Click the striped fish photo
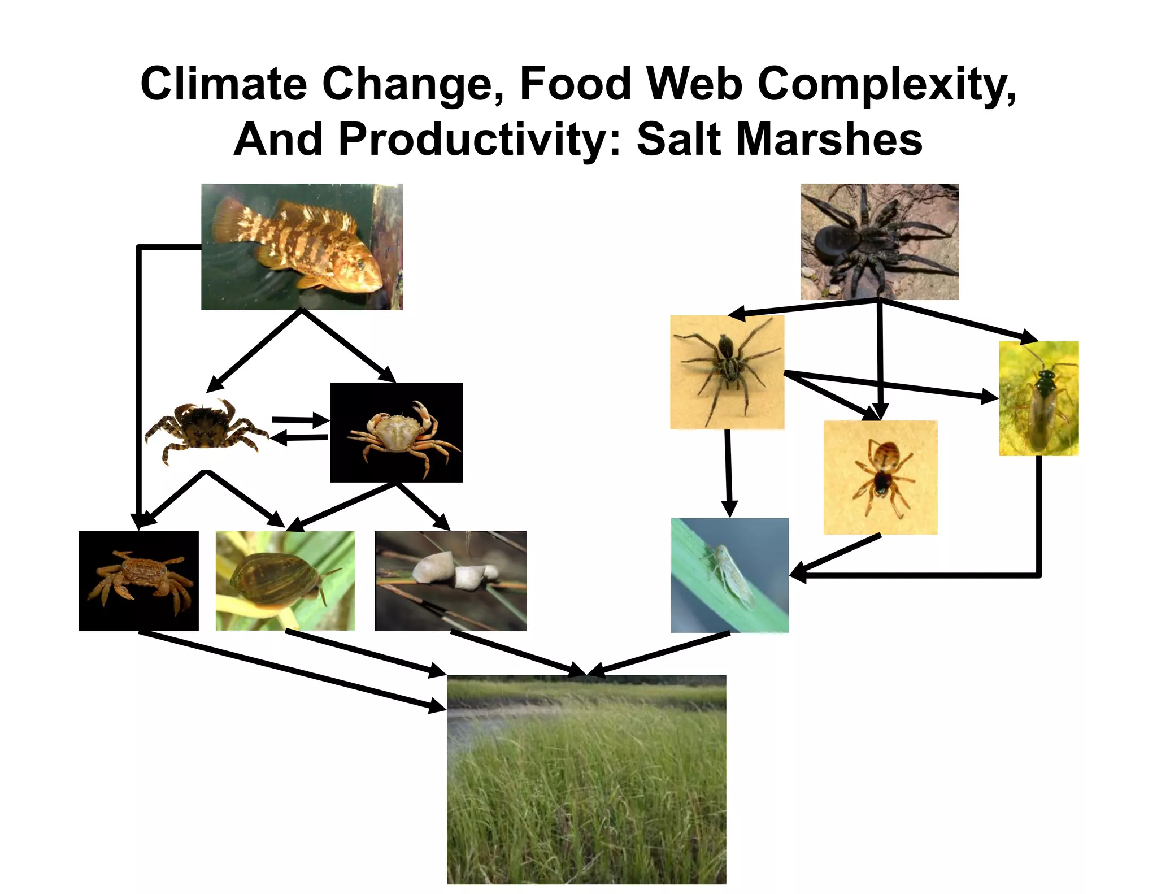[x=302, y=246]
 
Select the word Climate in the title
[x=224, y=84]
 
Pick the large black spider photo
[x=879, y=241]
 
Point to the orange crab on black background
[x=138, y=580]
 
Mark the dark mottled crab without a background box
[x=206, y=429]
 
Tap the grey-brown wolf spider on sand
[x=727, y=372]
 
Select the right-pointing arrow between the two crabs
[x=299, y=420]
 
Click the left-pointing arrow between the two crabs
[x=299, y=437]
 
